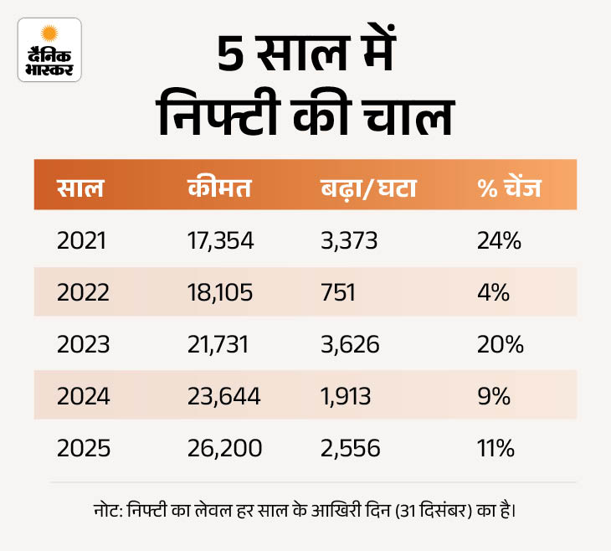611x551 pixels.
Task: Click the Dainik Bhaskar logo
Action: coord(49,49)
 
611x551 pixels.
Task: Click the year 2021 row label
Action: coord(82,241)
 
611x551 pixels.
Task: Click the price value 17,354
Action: coord(220,241)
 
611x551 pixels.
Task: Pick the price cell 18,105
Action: coord(219,293)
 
